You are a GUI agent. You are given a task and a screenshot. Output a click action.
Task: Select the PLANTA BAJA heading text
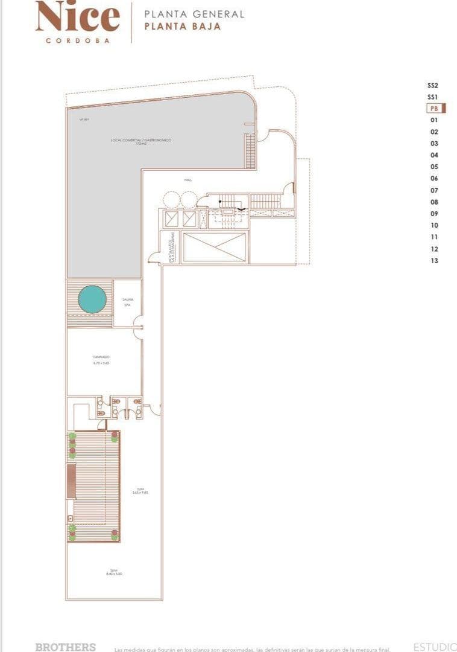183,27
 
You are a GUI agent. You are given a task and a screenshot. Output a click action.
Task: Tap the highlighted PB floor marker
435,109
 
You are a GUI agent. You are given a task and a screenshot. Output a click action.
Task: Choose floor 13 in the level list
434,261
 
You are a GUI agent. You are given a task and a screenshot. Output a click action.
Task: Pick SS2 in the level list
432,86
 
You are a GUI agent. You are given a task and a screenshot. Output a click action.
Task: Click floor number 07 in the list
434,191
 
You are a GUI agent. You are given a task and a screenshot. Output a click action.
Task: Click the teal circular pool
92,299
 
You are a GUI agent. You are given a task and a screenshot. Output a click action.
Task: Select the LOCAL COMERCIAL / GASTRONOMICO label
141,141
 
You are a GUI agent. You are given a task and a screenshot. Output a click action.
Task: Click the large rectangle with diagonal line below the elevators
214,247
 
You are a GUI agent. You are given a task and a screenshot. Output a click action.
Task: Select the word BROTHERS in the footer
65,647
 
